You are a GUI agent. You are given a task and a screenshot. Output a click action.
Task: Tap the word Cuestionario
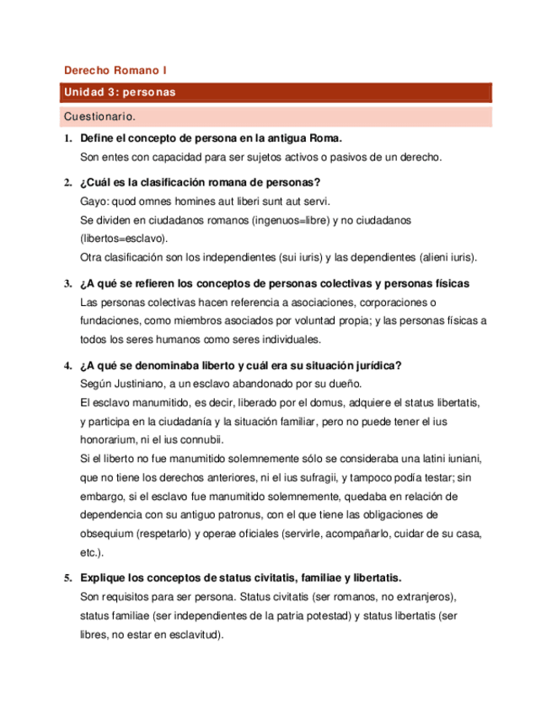pyautogui.click(x=99, y=116)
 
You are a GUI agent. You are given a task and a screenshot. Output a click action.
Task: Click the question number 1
pyautogui.click(x=67, y=138)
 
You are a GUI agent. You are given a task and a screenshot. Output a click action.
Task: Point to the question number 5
pyautogui.click(x=67, y=578)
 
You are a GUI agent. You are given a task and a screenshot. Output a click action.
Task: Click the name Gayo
pyautogui.click(x=93, y=202)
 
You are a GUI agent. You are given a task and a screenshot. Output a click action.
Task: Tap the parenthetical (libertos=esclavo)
pyautogui.click(x=124, y=239)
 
